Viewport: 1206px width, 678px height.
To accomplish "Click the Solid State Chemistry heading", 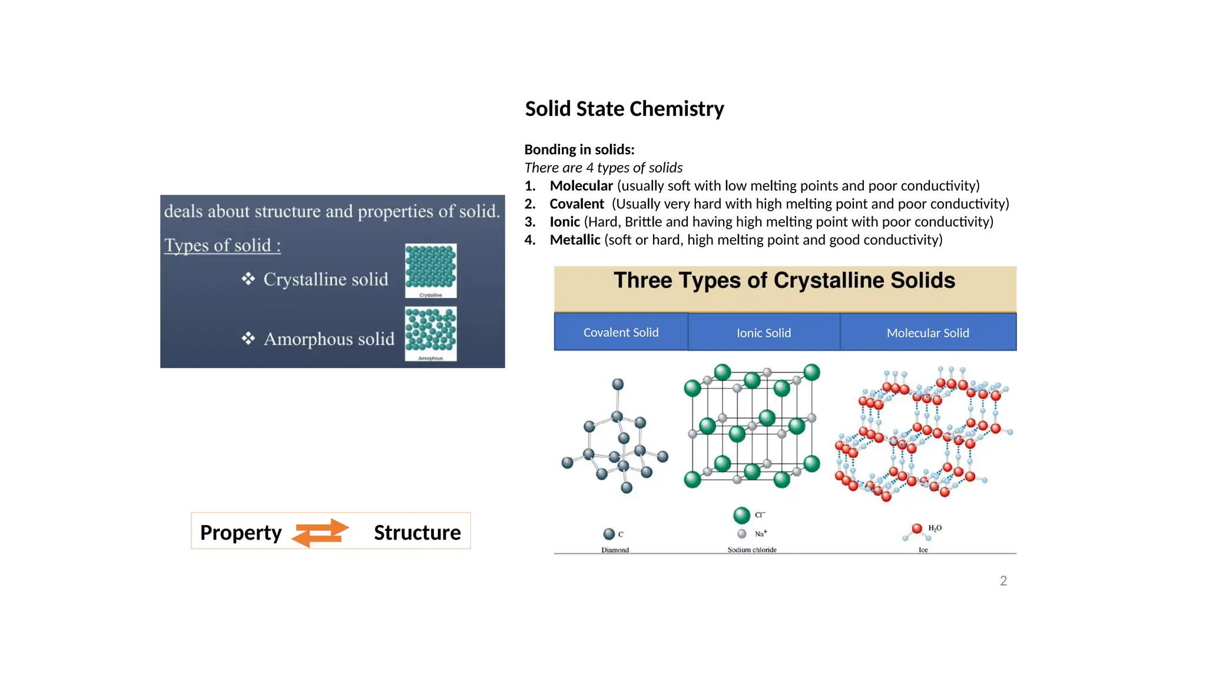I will point(624,109).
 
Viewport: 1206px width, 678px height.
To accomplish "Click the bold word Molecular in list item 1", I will point(581,186).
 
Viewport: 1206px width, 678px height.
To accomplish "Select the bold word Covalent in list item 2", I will point(577,204).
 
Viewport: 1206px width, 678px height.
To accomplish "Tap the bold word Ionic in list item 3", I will point(565,222).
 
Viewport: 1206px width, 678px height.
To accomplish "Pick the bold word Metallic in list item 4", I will point(575,240).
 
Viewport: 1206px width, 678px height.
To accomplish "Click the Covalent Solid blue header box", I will point(621,333).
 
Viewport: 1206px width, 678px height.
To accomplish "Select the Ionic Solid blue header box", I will point(764,333).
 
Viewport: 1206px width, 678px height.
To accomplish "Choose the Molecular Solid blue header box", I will point(927,333).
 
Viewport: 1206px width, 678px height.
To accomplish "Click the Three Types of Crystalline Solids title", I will point(784,281).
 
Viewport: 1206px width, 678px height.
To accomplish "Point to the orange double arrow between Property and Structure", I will point(321,532).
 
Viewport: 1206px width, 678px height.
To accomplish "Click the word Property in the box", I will point(241,533).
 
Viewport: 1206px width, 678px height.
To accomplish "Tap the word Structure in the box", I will point(417,533).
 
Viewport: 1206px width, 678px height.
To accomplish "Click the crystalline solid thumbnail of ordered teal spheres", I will point(430,269).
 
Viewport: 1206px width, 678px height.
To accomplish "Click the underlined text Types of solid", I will point(222,245).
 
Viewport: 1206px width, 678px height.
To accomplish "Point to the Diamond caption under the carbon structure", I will point(615,550).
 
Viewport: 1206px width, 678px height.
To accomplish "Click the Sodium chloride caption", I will point(751,550).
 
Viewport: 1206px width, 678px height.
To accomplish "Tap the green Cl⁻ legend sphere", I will point(741,516).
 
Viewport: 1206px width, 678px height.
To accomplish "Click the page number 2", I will point(1003,581).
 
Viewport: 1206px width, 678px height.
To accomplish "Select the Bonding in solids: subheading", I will point(579,149).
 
